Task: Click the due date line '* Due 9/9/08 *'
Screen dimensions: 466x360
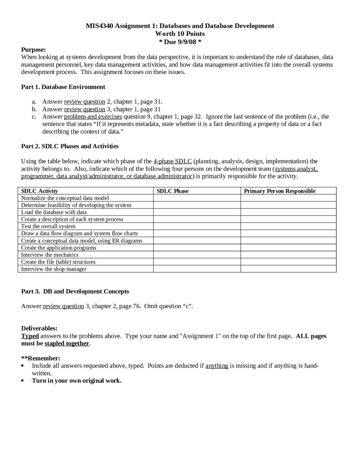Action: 180,42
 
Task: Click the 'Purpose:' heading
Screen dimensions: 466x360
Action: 33,50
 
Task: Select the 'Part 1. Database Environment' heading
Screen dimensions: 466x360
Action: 63,87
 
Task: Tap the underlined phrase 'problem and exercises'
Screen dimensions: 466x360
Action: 93,116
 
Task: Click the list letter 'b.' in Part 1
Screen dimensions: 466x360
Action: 34,109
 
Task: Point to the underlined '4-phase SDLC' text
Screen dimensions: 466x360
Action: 172,161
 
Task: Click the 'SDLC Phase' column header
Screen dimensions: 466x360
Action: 172,191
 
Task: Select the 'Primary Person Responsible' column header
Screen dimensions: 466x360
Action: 280,191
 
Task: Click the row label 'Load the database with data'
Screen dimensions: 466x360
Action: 54,212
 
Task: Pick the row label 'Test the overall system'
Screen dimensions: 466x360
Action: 48,226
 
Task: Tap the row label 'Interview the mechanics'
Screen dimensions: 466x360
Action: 50,255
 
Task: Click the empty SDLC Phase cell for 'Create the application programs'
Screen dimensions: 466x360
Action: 197,248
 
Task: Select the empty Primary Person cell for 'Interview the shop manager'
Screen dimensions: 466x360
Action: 288,269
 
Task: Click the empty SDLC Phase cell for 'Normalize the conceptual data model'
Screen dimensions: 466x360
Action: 197,198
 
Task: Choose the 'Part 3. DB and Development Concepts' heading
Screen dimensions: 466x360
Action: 75,291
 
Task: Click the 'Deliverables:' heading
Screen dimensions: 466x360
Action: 39,328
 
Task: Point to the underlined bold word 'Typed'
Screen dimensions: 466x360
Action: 30,336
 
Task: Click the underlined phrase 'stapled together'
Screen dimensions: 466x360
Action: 67,343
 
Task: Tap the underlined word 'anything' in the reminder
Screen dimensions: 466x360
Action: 217,366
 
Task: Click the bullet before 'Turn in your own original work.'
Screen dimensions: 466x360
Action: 23,381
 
